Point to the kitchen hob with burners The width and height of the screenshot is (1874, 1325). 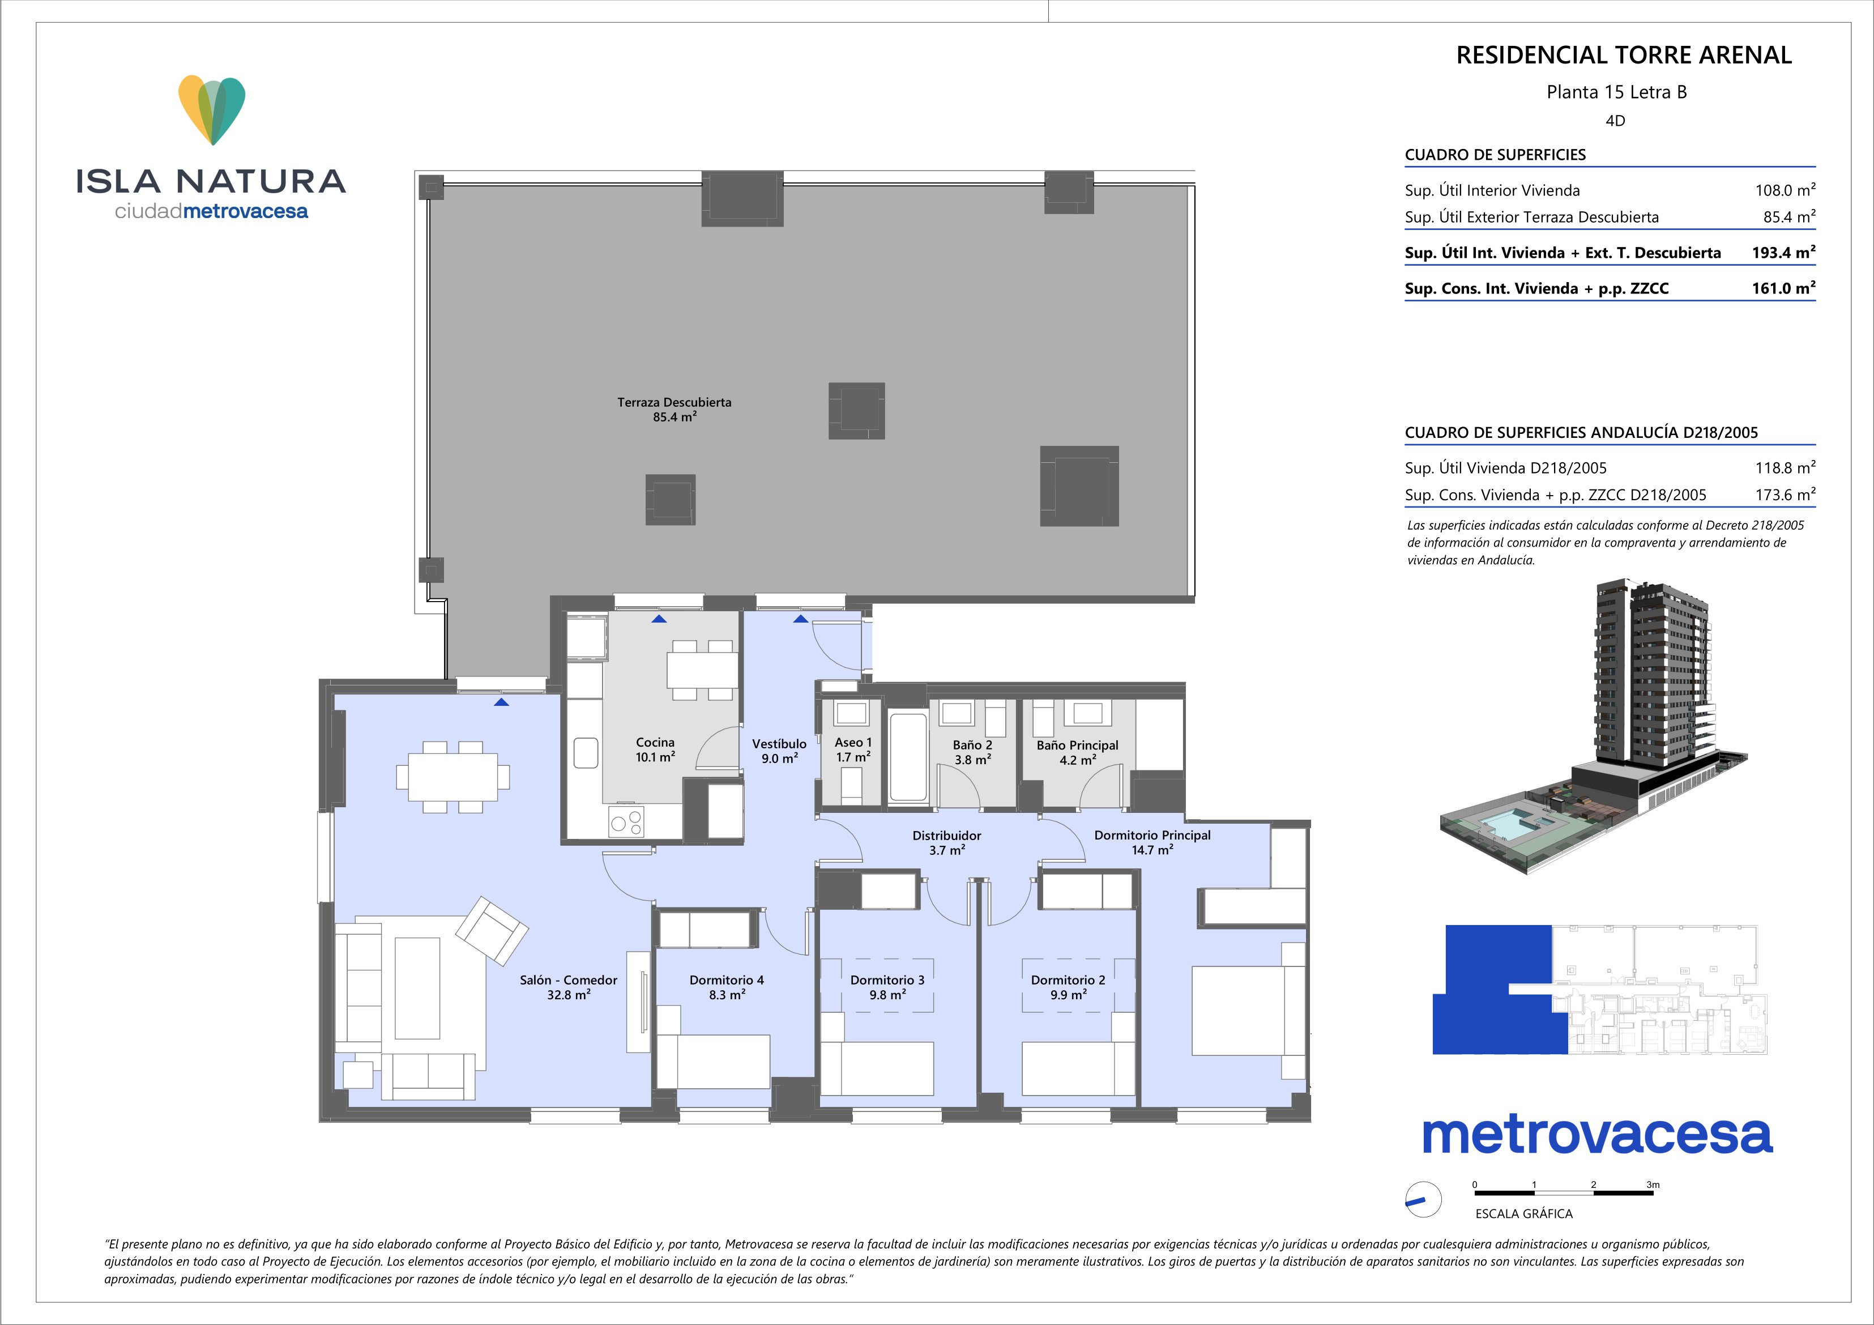click(x=626, y=821)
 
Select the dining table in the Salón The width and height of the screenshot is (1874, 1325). click(x=453, y=777)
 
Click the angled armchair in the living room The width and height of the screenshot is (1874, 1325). click(x=492, y=931)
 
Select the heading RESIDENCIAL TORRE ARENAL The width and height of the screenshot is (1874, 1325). click(x=1624, y=56)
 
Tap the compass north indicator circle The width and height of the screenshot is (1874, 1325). click(x=1423, y=1200)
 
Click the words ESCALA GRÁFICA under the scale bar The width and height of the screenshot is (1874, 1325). click(x=1524, y=1214)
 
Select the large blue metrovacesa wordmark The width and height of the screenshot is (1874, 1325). click(x=1597, y=1136)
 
